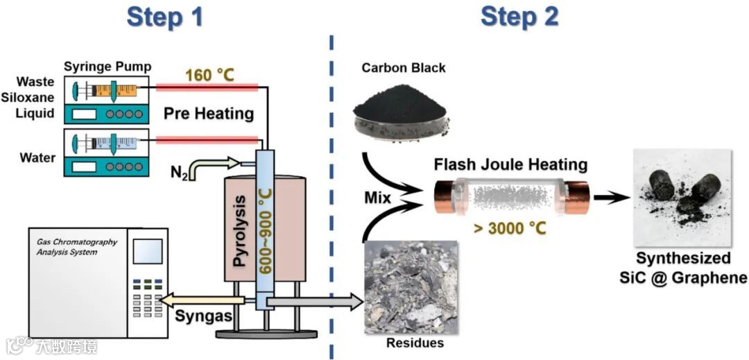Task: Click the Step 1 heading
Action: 165,17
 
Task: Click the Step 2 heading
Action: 519,17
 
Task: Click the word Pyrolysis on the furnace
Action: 240,232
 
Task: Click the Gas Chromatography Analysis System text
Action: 76,247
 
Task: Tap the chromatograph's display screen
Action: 147,251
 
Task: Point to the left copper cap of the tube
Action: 445,198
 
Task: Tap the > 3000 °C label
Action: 512,229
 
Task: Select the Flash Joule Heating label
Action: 510,165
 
